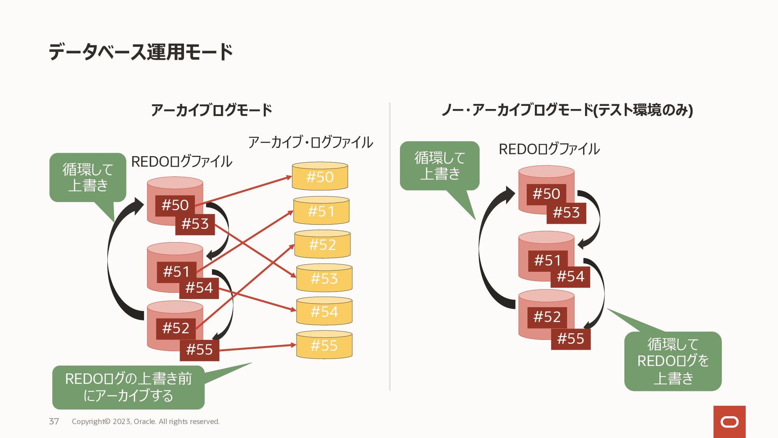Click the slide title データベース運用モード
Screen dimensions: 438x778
(x=141, y=52)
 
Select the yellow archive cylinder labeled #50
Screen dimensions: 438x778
(x=320, y=177)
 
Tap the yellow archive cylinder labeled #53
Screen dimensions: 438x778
(x=324, y=278)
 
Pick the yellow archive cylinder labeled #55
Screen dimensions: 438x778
(x=324, y=345)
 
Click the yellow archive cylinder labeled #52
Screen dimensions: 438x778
(x=322, y=245)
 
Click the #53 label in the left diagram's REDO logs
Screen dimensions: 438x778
(x=195, y=224)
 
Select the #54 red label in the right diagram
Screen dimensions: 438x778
(x=570, y=277)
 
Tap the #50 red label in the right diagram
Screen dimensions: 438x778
(x=546, y=194)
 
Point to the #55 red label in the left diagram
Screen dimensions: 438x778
(x=199, y=350)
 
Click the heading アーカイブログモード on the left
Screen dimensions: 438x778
(x=211, y=110)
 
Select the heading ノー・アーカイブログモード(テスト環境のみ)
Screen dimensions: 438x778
(x=567, y=110)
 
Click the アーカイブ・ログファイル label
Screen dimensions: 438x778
(x=310, y=142)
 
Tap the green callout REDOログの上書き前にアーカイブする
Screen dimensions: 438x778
(x=128, y=387)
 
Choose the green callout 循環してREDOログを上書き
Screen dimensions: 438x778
(x=673, y=361)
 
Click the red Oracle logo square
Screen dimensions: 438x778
(x=729, y=422)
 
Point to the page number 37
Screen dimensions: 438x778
(x=54, y=421)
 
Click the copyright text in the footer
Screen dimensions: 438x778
(x=145, y=421)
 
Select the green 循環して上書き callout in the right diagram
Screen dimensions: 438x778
(x=439, y=165)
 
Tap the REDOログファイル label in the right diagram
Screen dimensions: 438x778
(x=549, y=149)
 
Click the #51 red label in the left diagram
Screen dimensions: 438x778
(x=176, y=271)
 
